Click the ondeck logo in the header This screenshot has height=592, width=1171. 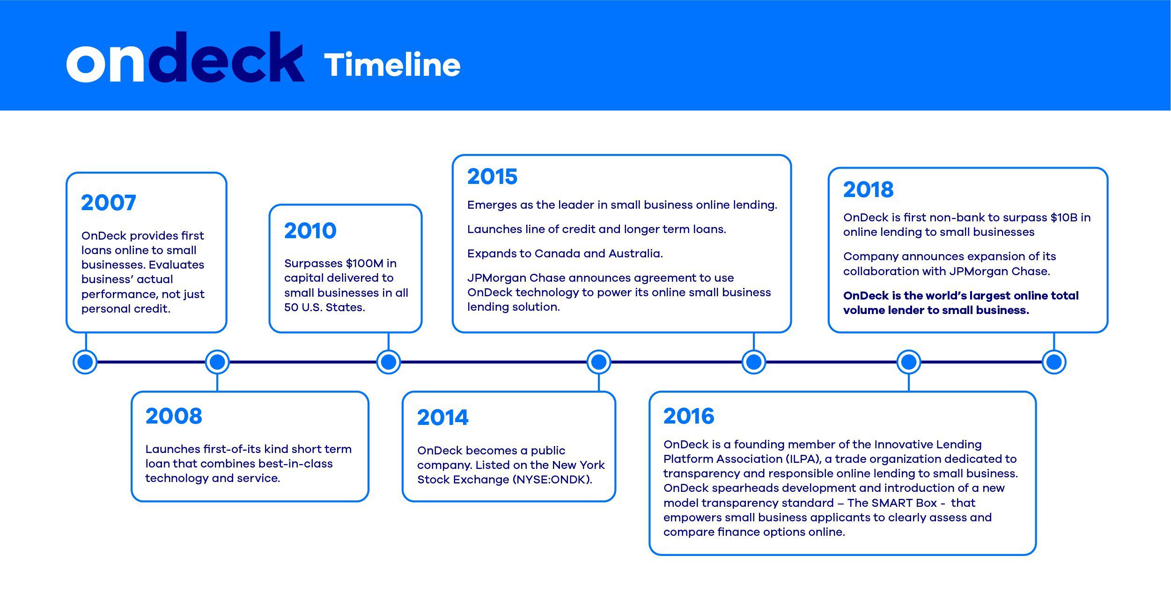tap(185, 57)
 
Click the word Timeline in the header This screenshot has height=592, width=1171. tap(392, 65)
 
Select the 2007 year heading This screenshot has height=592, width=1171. tap(109, 203)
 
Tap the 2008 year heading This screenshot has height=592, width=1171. tap(174, 416)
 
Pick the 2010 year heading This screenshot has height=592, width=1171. tap(310, 231)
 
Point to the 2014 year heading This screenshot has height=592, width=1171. tap(442, 417)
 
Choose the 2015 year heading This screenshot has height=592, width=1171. tap(492, 176)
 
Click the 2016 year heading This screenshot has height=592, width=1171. tap(689, 416)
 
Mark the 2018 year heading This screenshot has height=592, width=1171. tap(868, 190)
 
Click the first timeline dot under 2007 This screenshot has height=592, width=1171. tap(85, 362)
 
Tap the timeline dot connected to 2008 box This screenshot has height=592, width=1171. tap(217, 362)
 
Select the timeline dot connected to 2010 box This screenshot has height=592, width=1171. tap(389, 362)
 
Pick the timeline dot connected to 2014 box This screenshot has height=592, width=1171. tap(599, 362)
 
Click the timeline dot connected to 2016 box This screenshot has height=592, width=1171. tap(909, 362)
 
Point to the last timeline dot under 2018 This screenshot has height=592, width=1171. tap(1054, 362)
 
